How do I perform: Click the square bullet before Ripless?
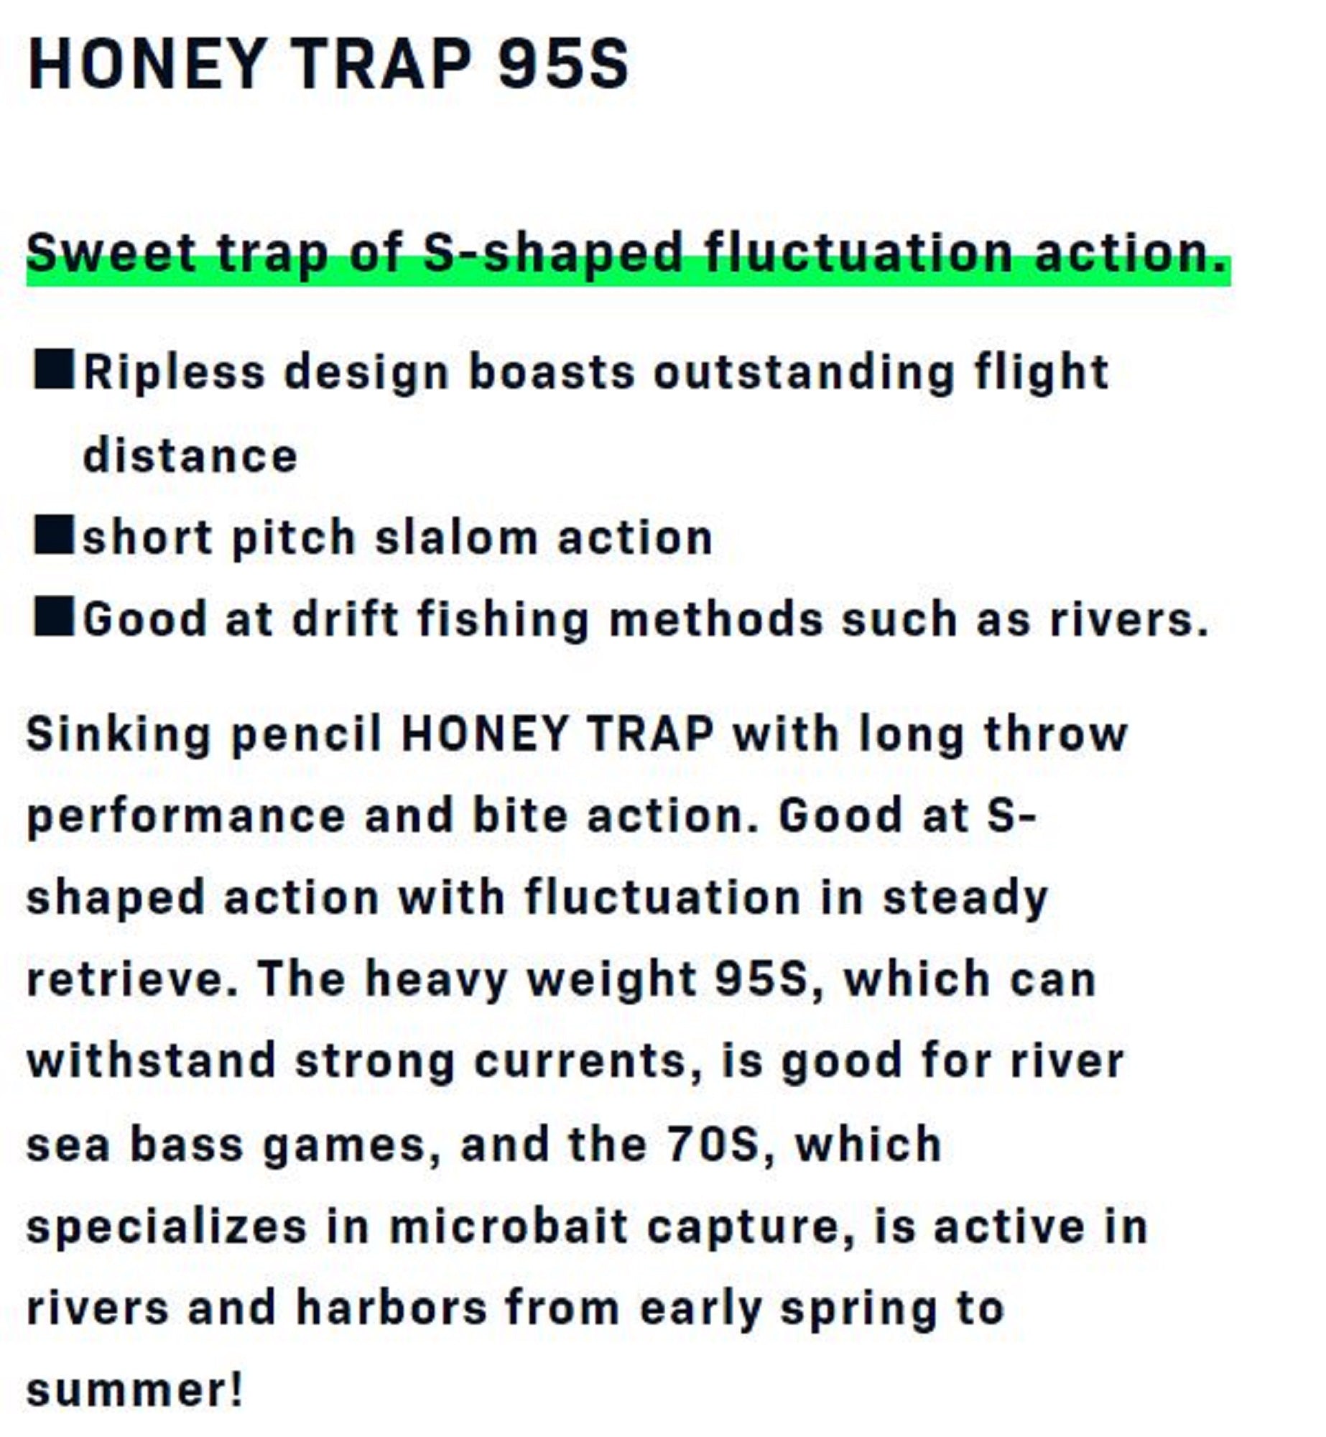[53, 370]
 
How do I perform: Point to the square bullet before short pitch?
[53, 535]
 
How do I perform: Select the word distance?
[190, 456]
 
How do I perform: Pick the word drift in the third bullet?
[346, 619]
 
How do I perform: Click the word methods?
[716, 619]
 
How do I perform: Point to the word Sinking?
[119, 736]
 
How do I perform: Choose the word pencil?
[307, 736]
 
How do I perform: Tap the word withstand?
[152, 1061]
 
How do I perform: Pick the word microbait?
[509, 1226]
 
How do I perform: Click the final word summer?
[135, 1390]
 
